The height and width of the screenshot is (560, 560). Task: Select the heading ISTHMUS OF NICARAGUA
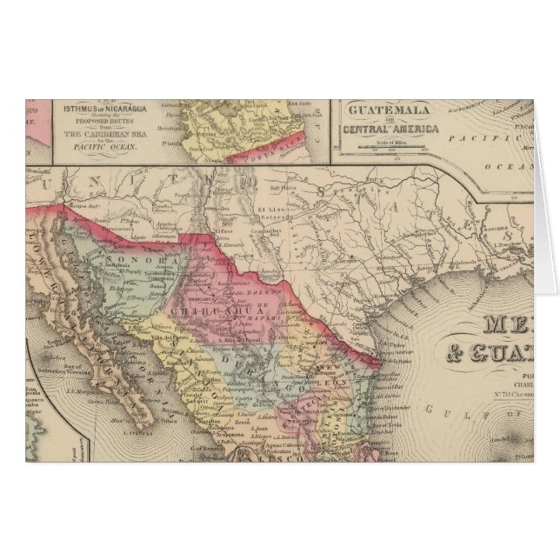97,110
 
